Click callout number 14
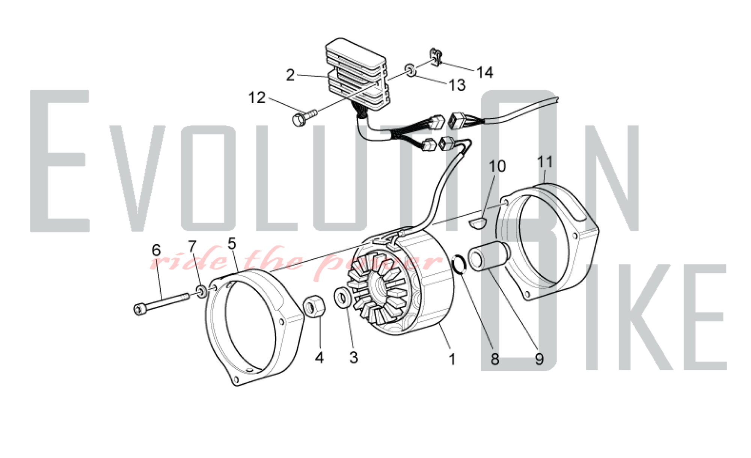[x=485, y=72]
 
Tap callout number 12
[x=257, y=98]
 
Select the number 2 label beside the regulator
[x=290, y=75]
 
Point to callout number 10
[x=497, y=166]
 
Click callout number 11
[x=545, y=162]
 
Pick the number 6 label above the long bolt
[x=156, y=250]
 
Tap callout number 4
[x=319, y=358]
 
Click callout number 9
[x=539, y=359]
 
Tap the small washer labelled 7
[x=202, y=291]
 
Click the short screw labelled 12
[x=304, y=118]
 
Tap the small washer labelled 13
[x=410, y=70]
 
